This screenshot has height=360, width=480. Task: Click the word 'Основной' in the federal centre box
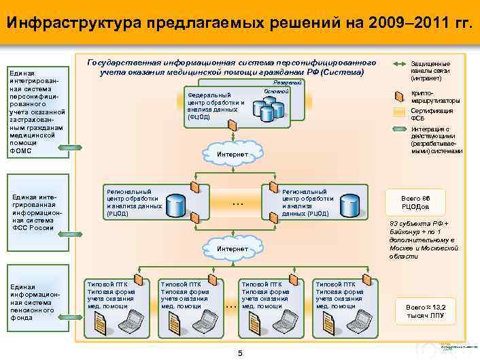[276, 91]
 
